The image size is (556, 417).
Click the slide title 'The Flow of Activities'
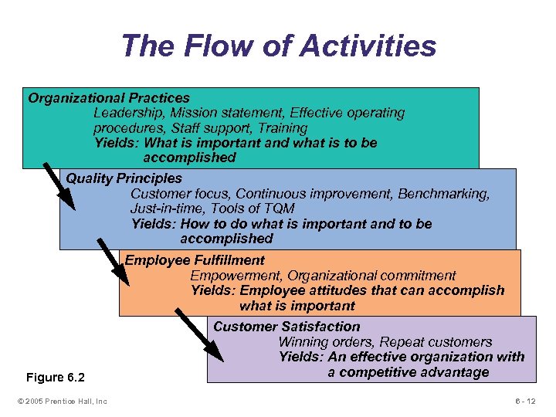278,46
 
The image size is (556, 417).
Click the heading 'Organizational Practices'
109,98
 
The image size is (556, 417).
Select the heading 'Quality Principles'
124,178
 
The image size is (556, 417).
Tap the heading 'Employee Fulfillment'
195,260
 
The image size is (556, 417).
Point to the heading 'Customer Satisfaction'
286,327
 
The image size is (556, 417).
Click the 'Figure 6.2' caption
56,378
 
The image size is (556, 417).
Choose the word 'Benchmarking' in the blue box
444,194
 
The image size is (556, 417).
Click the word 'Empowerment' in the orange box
232,276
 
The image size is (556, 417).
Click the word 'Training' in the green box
281,128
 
